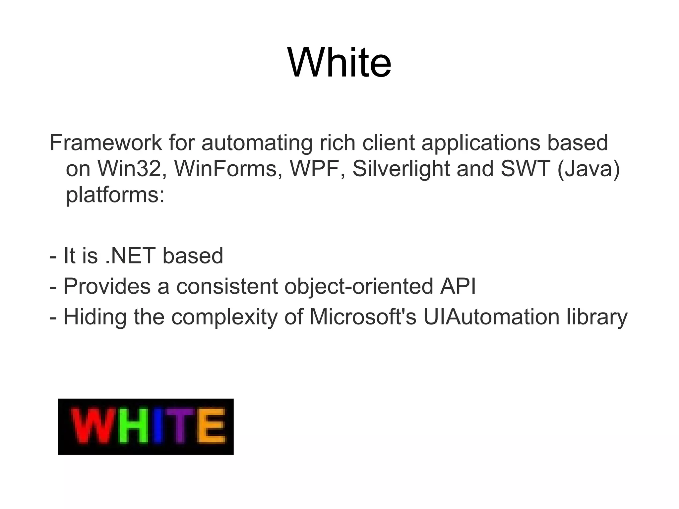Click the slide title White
click(339, 62)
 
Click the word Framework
click(106, 143)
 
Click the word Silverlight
click(401, 169)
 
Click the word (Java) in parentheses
click(588, 169)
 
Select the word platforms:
click(115, 195)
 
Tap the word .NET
click(130, 256)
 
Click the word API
click(458, 286)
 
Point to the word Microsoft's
click(363, 317)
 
